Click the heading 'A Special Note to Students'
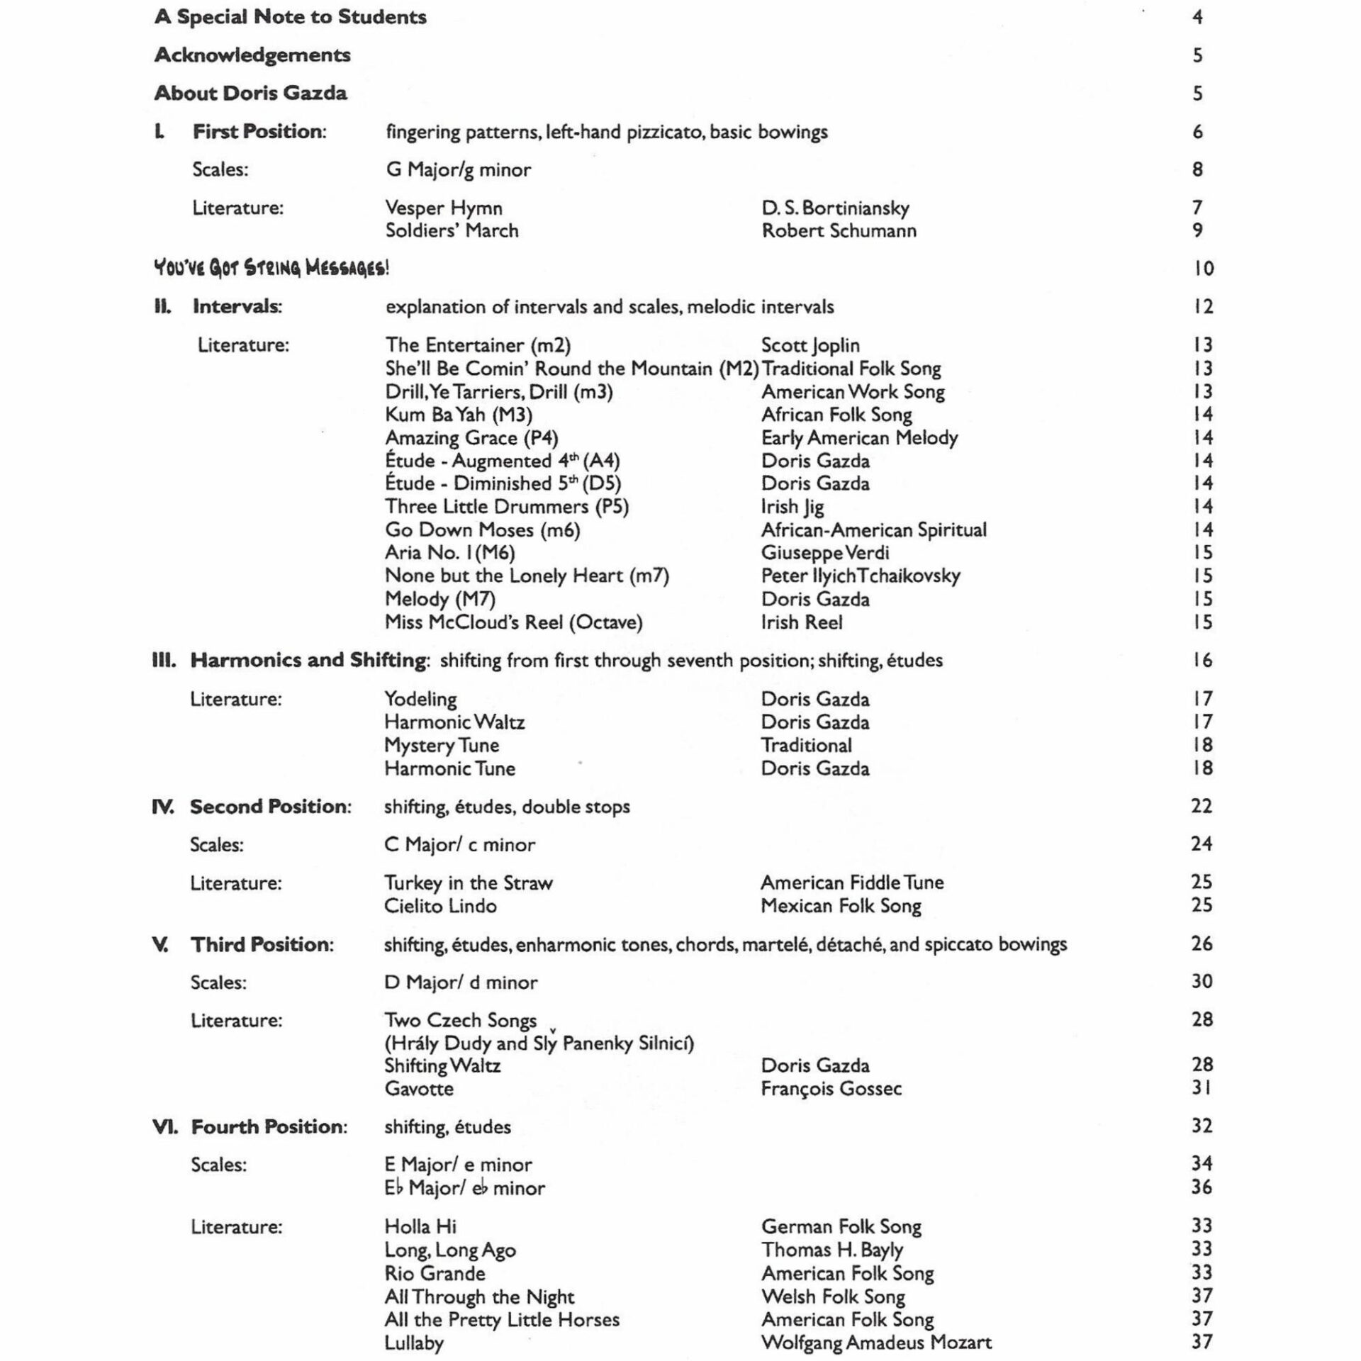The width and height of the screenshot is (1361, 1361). (x=290, y=17)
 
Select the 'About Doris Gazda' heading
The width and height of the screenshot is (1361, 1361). (x=250, y=93)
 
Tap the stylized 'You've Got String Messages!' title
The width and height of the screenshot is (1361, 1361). (x=271, y=268)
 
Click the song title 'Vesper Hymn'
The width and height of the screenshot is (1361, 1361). (x=444, y=208)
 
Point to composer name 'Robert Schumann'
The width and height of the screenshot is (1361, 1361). (x=839, y=230)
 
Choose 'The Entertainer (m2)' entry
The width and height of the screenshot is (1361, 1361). (x=478, y=345)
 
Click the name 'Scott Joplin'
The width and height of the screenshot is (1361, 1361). (x=810, y=345)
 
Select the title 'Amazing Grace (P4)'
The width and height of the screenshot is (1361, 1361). (x=471, y=437)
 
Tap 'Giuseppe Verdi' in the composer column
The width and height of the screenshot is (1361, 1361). (x=824, y=552)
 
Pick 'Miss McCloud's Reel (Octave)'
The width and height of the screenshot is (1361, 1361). (x=513, y=622)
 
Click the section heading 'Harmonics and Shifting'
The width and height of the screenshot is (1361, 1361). (x=308, y=660)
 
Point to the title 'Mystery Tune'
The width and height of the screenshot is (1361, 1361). (x=442, y=745)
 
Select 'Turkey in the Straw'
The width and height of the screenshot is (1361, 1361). (x=468, y=883)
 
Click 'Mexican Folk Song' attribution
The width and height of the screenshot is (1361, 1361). (x=841, y=905)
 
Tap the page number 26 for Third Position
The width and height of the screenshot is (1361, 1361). (x=1202, y=943)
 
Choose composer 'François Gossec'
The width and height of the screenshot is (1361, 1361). (x=831, y=1088)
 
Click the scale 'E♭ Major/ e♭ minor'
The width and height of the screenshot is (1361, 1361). (x=464, y=1187)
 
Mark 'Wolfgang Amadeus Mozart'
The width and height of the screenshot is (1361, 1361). (x=876, y=1342)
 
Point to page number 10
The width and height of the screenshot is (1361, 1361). (x=1203, y=268)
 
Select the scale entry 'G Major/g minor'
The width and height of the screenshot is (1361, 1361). (x=458, y=169)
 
